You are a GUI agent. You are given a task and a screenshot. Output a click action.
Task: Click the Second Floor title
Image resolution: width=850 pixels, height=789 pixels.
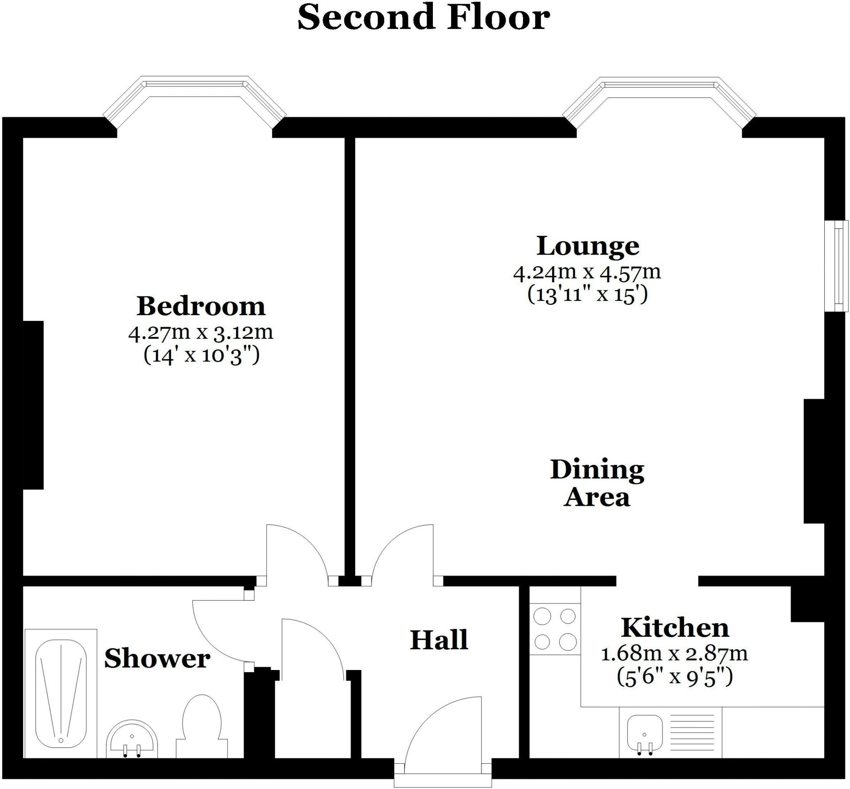(423, 18)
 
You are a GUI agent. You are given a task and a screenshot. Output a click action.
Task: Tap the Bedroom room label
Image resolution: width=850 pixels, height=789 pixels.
(201, 306)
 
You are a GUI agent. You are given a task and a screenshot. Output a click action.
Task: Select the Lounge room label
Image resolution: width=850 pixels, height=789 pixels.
(588, 246)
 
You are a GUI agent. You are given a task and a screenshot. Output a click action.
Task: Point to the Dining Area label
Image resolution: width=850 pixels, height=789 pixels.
(597, 483)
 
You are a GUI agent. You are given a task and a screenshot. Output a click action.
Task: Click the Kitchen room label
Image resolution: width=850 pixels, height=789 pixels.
(675, 628)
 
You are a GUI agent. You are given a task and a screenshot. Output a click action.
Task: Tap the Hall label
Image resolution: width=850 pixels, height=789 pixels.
(439, 640)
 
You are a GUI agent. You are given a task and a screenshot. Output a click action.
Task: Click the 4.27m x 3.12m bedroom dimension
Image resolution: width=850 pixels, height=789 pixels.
(200, 333)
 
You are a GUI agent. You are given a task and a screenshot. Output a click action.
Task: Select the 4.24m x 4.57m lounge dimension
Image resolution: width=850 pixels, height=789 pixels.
(587, 272)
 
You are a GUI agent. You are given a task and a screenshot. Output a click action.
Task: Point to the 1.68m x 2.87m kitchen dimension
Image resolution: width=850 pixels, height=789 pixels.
(674, 654)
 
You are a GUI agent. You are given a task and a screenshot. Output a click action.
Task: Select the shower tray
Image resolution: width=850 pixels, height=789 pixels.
(61, 693)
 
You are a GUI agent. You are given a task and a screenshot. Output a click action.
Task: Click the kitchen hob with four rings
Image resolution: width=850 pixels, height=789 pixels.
(555, 629)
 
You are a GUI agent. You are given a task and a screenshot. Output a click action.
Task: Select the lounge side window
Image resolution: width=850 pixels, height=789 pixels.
(837, 266)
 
